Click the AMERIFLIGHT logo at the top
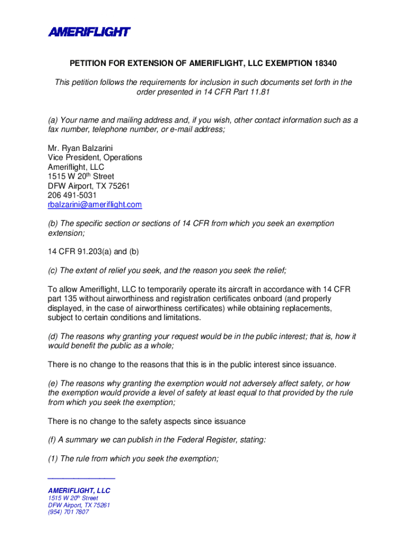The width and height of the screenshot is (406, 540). (x=89, y=32)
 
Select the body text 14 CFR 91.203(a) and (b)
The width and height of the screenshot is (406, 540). (x=93, y=252)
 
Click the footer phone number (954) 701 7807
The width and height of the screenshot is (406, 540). (x=69, y=512)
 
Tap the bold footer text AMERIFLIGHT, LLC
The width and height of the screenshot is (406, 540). (x=79, y=490)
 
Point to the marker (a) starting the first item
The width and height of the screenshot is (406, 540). (x=53, y=120)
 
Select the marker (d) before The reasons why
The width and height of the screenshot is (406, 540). (x=53, y=336)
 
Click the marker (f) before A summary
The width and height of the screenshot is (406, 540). (x=53, y=439)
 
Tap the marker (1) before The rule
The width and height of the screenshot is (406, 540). (x=53, y=459)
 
